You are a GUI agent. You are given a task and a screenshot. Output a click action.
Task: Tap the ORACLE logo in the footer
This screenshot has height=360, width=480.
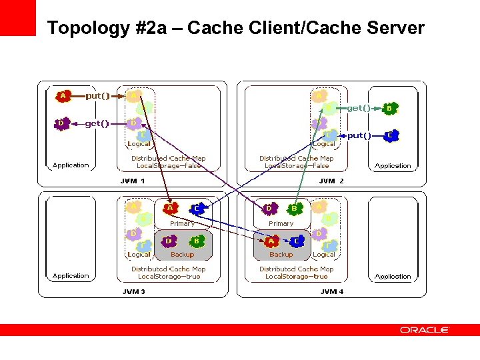click(425, 329)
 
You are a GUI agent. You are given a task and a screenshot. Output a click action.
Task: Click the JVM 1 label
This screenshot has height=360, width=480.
click(133, 181)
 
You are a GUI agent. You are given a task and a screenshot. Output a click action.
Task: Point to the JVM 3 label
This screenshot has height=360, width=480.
click(133, 291)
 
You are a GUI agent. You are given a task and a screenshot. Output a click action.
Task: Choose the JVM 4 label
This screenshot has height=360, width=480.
click(331, 291)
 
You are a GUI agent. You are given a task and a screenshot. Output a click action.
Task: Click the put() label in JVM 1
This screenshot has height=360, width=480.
click(97, 95)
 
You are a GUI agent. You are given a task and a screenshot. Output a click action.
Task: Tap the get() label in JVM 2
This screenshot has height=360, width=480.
click(359, 107)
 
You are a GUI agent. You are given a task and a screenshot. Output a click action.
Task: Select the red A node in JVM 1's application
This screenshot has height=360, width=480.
click(63, 96)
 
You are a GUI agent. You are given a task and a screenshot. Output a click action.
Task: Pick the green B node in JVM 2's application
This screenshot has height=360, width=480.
click(390, 107)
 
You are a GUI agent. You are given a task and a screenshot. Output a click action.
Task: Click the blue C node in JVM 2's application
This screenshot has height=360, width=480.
click(391, 135)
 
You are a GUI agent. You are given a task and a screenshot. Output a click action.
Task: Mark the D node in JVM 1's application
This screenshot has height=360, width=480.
click(62, 123)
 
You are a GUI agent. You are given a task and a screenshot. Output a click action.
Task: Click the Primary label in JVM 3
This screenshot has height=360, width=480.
click(182, 224)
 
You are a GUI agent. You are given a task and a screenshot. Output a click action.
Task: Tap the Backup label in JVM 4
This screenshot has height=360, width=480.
click(281, 255)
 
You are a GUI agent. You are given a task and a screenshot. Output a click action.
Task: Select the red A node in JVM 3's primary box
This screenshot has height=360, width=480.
click(171, 209)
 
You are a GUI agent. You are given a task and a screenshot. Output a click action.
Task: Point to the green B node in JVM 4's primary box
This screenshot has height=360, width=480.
click(294, 209)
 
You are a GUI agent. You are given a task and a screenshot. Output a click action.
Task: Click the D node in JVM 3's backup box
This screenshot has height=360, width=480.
click(171, 240)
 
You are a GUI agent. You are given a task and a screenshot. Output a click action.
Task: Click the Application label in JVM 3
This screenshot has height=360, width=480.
click(71, 276)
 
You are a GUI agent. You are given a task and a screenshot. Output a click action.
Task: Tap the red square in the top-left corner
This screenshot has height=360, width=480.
click(17, 17)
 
